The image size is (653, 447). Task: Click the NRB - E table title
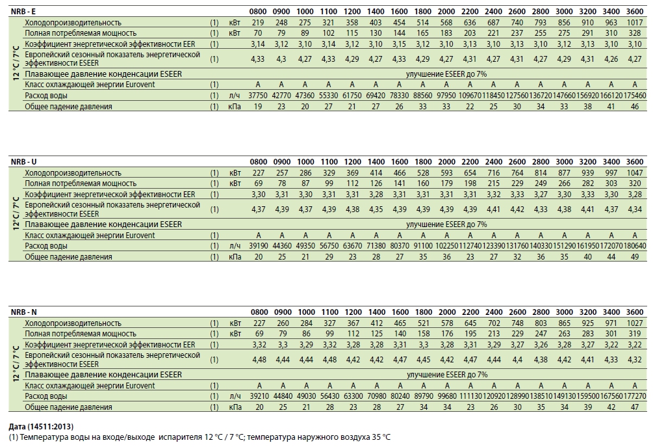(x=23, y=11)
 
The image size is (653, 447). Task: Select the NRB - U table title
(x=24, y=162)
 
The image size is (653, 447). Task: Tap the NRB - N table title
(x=24, y=312)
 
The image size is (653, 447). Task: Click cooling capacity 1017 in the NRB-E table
(x=635, y=23)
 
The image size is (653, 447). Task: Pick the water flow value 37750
(x=258, y=96)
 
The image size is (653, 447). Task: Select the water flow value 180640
(x=635, y=246)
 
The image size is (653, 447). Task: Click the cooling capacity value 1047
(x=635, y=173)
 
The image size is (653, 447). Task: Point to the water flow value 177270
(x=635, y=396)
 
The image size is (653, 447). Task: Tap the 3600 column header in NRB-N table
(x=635, y=312)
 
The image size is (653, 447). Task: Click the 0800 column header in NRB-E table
(x=258, y=11)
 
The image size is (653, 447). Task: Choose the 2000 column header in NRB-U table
(x=446, y=162)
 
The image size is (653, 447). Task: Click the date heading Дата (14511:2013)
(x=41, y=427)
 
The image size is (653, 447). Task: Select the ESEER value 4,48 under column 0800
(x=259, y=359)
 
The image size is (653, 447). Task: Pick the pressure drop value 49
(x=635, y=257)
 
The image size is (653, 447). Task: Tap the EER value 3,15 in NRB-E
(x=399, y=44)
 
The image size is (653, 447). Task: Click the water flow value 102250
(x=446, y=246)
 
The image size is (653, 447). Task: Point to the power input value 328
(x=635, y=33)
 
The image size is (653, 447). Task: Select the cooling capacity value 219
(x=258, y=23)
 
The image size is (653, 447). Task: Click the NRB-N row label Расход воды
(x=46, y=396)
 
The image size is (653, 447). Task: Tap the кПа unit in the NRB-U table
(x=235, y=257)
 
